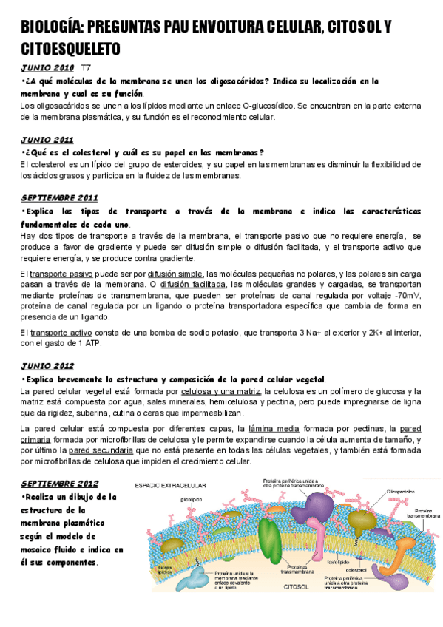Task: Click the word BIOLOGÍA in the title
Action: [x=49, y=28]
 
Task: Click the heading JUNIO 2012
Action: [x=47, y=365]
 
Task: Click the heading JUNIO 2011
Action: [x=47, y=139]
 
